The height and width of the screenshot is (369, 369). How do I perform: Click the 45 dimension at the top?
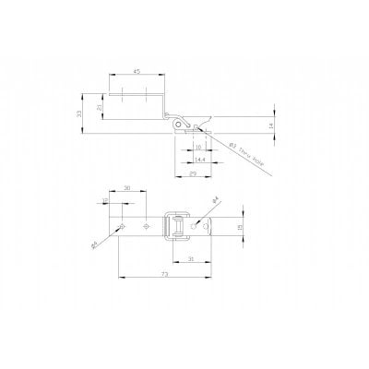(x=136, y=71)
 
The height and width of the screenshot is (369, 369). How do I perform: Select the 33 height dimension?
(x=80, y=113)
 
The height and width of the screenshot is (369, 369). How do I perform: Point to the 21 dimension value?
(x=101, y=107)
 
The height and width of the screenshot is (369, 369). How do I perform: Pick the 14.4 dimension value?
(x=200, y=159)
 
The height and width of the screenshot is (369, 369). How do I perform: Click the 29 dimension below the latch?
(x=193, y=173)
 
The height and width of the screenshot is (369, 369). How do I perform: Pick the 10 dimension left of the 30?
(x=105, y=200)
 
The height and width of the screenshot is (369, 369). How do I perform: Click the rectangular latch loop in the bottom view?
(x=173, y=226)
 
